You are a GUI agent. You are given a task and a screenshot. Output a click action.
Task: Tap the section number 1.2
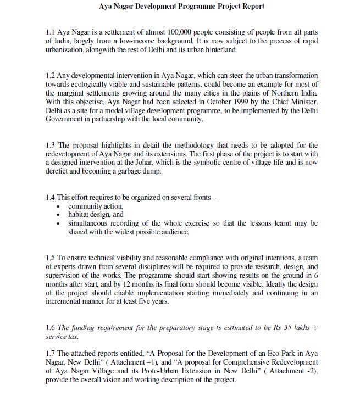[51, 75]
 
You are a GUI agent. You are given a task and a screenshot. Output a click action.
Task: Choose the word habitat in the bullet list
[79, 215]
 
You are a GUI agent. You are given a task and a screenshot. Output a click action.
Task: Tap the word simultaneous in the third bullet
[91, 223]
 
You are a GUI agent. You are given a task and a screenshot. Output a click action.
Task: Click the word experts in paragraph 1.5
[65, 266]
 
